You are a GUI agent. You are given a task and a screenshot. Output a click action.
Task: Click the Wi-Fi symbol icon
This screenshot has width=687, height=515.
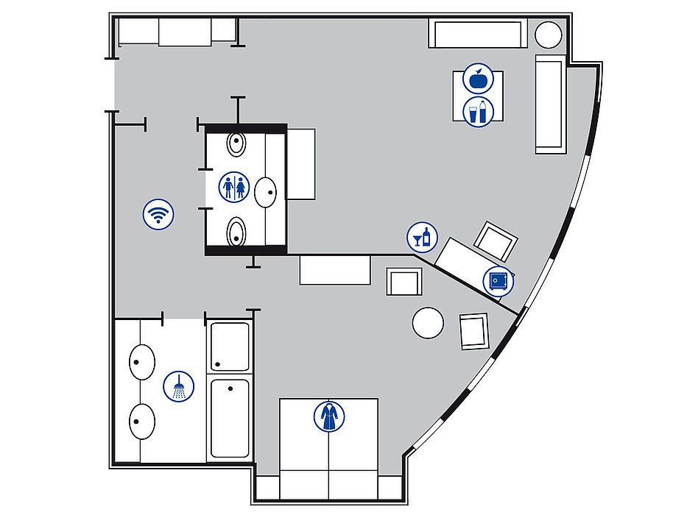[158, 215]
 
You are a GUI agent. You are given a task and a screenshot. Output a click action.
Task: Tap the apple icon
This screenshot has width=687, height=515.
[478, 78]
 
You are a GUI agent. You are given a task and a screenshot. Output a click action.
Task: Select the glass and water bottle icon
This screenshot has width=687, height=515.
[478, 113]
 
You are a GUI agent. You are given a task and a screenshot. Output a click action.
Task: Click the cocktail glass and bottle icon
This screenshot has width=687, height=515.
[422, 237]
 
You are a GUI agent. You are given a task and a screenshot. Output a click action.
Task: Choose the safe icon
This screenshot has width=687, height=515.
[498, 281]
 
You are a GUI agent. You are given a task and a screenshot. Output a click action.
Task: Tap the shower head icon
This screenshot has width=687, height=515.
[178, 386]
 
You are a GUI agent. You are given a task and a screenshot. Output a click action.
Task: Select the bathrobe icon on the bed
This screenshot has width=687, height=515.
[328, 416]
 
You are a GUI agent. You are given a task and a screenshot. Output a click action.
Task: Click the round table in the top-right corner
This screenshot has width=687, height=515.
[548, 35]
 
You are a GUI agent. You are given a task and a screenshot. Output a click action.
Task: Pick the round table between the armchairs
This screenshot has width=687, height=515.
[428, 322]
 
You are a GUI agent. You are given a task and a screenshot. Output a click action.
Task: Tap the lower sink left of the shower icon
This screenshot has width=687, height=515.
[142, 422]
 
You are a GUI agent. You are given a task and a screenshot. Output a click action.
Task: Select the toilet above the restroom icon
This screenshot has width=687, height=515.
[236, 143]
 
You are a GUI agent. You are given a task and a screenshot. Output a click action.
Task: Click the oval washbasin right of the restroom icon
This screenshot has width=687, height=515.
[266, 192]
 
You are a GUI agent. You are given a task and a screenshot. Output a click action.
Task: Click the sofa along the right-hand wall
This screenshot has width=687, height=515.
[550, 104]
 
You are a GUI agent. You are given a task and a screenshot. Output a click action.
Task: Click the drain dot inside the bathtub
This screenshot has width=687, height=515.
[230, 387]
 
